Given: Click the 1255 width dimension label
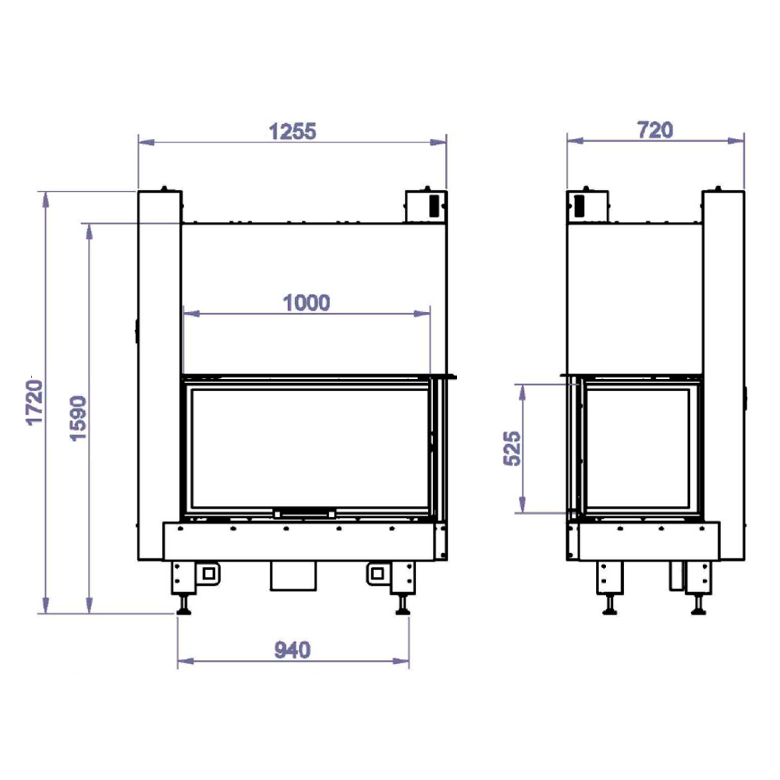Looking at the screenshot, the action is (x=292, y=131).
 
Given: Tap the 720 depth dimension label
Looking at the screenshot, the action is (x=655, y=130).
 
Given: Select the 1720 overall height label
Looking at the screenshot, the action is (x=35, y=402).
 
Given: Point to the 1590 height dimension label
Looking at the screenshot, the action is (x=78, y=418).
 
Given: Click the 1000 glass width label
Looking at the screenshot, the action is (x=307, y=303).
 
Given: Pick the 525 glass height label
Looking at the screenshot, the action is (x=512, y=448).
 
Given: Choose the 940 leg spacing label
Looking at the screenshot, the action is (x=292, y=651).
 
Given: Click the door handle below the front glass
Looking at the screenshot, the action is (x=304, y=514).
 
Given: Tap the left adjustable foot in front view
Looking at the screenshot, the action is (x=184, y=605).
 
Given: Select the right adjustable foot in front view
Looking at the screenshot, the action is (x=402, y=605).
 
